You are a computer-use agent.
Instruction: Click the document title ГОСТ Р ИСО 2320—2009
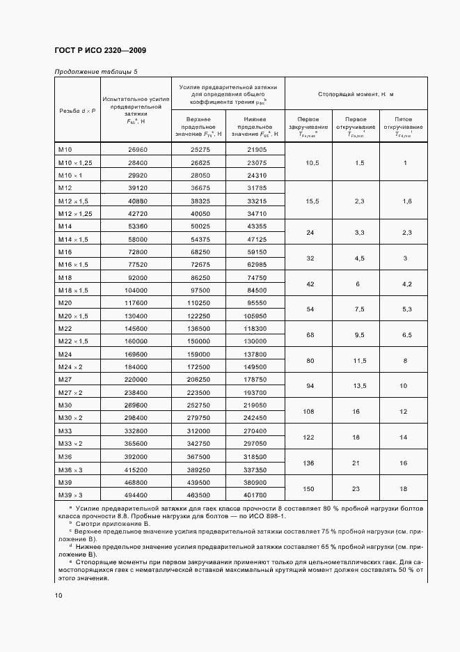[100, 50]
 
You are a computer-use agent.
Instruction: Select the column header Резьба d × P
[78, 111]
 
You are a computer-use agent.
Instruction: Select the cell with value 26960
[136, 150]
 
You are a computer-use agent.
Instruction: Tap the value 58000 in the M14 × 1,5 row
[136, 239]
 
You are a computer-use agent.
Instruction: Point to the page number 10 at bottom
[58, 595]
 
